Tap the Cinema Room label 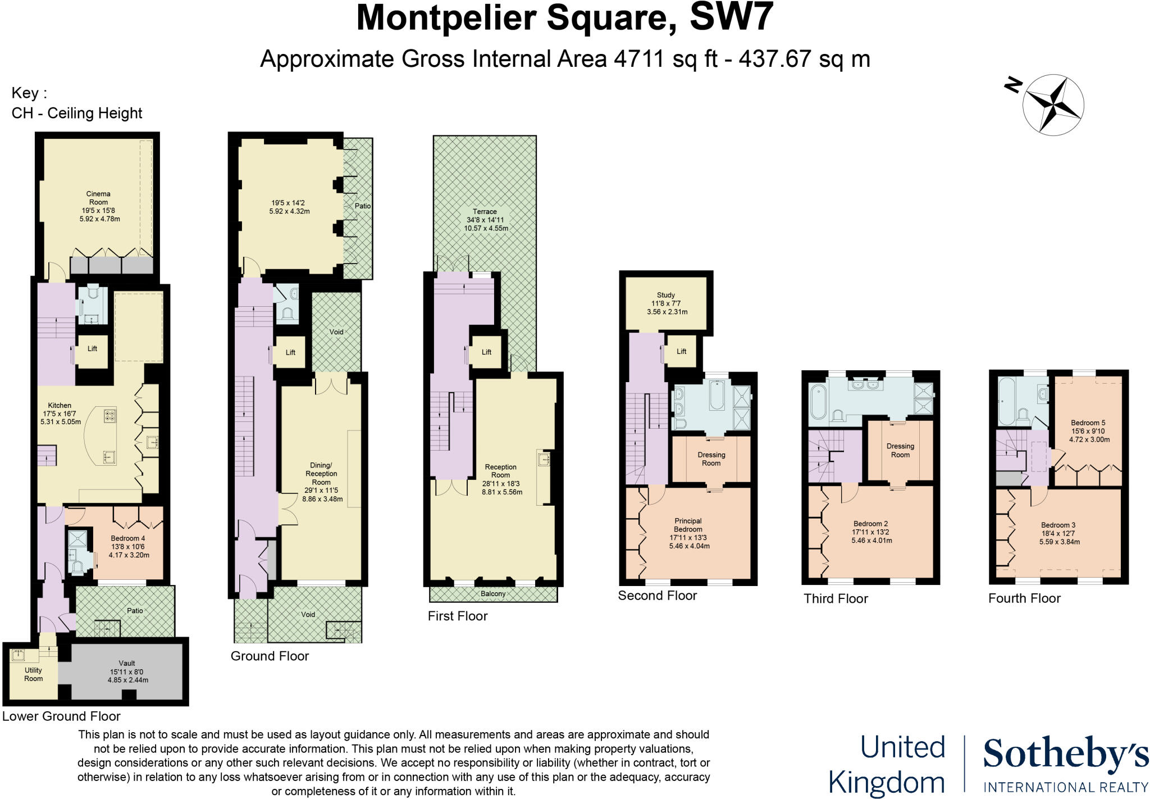click(98, 198)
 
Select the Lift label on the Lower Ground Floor click(93, 348)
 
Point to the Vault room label click(127, 663)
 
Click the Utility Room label click(33, 674)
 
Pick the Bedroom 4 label click(128, 538)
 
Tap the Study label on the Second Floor click(666, 295)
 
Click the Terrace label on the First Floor click(485, 212)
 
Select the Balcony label click(493, 594)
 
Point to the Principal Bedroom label click(688, 525)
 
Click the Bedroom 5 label click(1088, 423)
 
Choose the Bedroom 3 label click(1058, 525)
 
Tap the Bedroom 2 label click(870, 524)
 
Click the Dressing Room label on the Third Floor click(900, 451)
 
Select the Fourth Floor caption click(1024, 598)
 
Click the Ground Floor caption click(270, 656)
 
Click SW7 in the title click(731, 18)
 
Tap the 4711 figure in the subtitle click(639, 59)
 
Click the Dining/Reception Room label click(321, 474)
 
